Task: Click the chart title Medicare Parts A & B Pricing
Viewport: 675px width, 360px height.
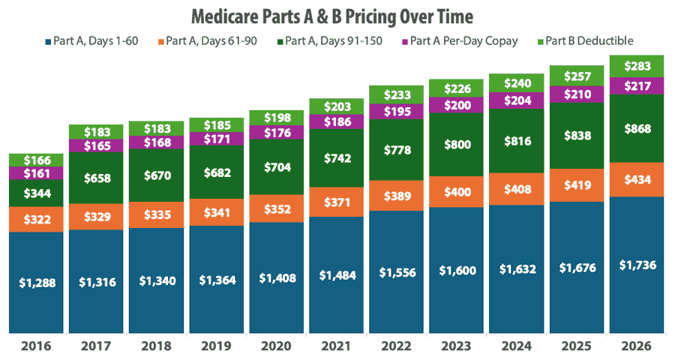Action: (x=337, y=16)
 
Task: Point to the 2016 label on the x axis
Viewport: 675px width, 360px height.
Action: (x=37, y=347)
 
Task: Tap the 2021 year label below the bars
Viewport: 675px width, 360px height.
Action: (x=337, y=347)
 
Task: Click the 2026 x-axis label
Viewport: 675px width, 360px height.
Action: (x=637, y=347)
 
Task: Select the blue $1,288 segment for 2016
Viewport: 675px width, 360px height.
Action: (x=37, y=283)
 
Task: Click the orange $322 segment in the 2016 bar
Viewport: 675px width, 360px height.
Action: (x=37, y=219)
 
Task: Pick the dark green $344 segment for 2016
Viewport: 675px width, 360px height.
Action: (x=37, y=193)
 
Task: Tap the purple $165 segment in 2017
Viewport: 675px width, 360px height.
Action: (x=97, y=146)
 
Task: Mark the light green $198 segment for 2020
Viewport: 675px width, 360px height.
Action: (x=277, y=117)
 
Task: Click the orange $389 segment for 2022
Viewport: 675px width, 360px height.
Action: (x=397, y=196)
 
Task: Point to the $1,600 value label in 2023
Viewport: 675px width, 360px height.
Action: (x=457, y=271)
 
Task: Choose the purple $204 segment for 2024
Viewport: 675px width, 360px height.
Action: (x=517, y=100)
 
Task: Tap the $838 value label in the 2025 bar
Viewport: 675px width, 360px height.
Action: (x=577, y=136)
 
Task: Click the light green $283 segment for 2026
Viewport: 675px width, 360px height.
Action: (x=637, y=66)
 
